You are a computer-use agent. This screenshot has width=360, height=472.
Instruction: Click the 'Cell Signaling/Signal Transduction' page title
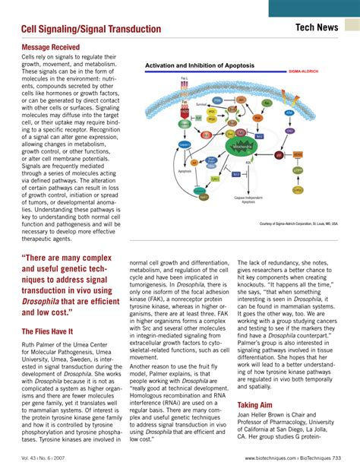pos(91,29)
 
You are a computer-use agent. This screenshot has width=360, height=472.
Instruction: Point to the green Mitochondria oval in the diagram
pos(242,144)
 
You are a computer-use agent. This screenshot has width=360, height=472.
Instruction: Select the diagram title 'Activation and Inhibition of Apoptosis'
pos(200,66)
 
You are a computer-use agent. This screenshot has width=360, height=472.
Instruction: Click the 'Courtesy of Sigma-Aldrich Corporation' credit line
pos(298,225)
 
